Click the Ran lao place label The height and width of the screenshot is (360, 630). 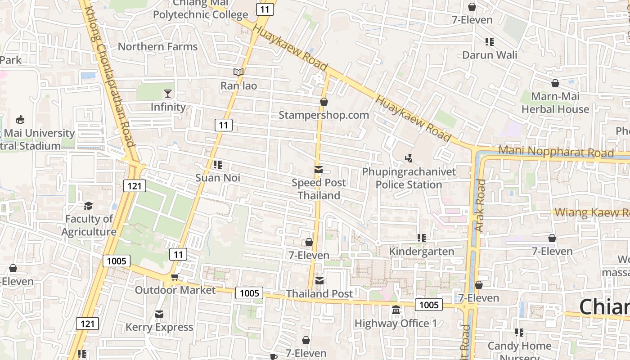238,85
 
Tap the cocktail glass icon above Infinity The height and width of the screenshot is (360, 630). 168,94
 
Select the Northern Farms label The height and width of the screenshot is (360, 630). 157,47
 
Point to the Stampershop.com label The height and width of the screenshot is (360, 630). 324,115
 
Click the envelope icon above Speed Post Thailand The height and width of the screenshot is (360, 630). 319,170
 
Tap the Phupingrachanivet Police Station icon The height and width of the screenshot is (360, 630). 409,158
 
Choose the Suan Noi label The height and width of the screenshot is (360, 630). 218,178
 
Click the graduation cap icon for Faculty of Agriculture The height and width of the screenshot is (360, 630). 89,206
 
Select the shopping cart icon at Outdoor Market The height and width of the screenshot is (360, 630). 175,277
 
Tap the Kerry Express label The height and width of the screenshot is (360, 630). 159,327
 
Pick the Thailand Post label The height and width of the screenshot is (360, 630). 319,294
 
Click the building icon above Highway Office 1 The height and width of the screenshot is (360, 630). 396,310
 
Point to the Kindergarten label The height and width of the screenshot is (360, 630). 422,251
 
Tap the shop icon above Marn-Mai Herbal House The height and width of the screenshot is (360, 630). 555,83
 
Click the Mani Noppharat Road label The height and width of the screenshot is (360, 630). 556,152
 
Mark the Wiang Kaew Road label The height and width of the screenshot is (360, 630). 592,212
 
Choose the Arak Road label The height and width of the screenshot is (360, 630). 480,206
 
